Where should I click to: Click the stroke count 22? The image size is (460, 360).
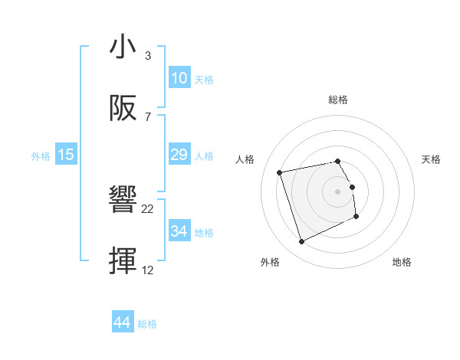click(x=148, y=209)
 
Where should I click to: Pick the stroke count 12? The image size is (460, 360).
click(x=148, y=270)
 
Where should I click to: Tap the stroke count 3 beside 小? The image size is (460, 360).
click(x=148, y=56)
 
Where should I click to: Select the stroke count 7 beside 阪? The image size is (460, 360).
click(x=148, y=116)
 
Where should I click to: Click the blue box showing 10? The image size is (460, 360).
click(x=179, y=78)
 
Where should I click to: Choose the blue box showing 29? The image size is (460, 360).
click(x=179, y=155)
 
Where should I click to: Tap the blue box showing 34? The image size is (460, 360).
click(x=179, y=231)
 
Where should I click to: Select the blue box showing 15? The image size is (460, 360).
click(x=66, y=155)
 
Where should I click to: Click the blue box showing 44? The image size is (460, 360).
click(x=123, y=323)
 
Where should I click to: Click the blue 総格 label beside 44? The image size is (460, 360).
click(x=147, y=324)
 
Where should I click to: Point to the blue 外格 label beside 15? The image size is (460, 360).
click(x=41, y=155)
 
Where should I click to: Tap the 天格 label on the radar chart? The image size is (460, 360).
click(x=432, y=159)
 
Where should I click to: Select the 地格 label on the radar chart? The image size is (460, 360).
click(x=402, y=262)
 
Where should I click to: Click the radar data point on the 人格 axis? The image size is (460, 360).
click(x=280, y=172)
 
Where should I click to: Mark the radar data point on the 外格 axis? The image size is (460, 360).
click(x=301, y=242)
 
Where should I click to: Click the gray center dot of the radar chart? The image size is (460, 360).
click(x=338, y=191)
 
